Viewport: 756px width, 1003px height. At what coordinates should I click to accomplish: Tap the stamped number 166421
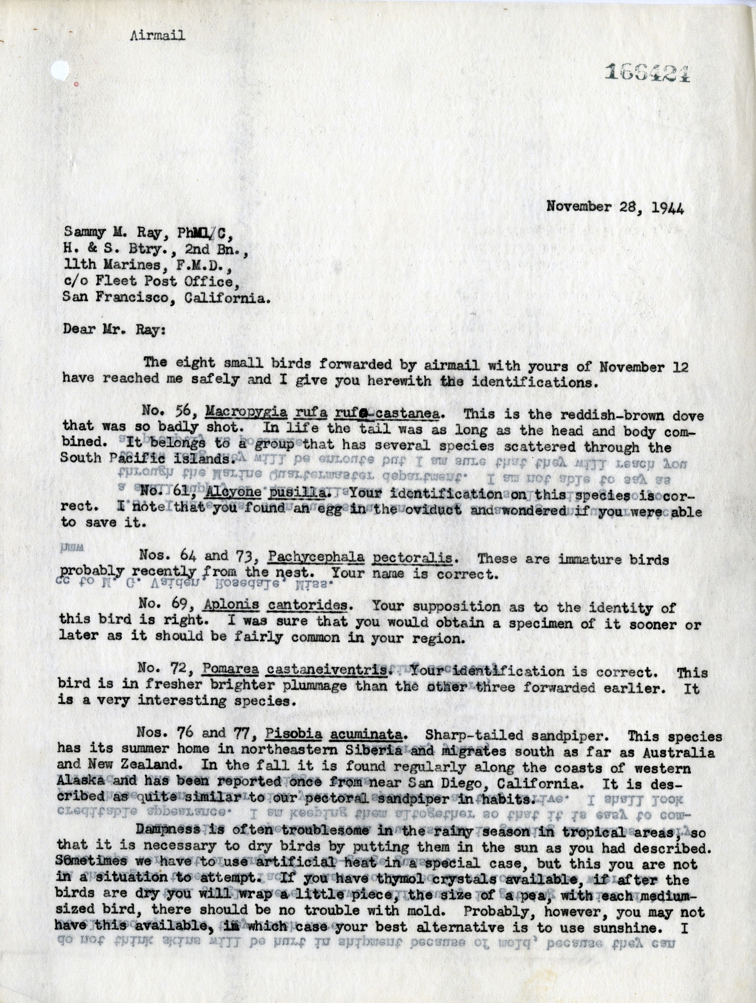(x=647, y=73)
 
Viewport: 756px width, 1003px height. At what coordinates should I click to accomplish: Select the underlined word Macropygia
(x=246, y=415)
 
